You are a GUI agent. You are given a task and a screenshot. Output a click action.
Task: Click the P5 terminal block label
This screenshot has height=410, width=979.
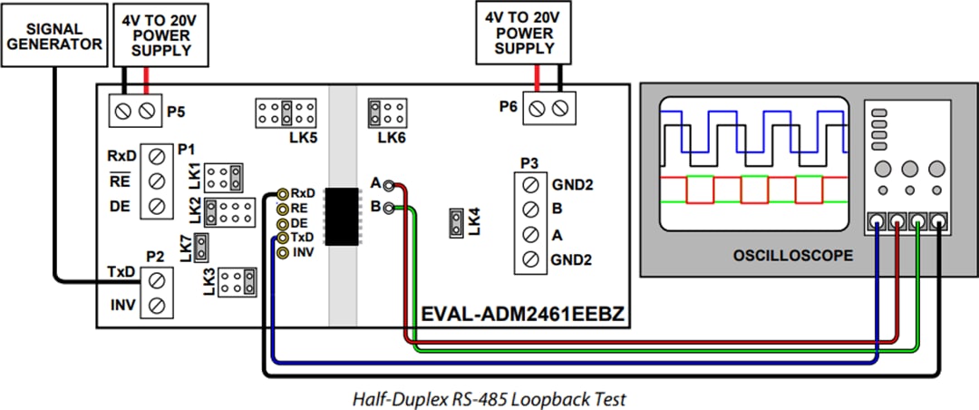[177, 112]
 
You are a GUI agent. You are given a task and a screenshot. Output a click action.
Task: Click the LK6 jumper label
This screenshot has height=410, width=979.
[392, 138]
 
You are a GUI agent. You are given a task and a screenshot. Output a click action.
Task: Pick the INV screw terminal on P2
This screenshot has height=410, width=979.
[156, 306]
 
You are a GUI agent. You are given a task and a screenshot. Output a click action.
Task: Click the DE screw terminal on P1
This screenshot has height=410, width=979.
[156, 206]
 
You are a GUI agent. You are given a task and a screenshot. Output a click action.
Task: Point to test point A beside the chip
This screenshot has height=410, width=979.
[389, 185]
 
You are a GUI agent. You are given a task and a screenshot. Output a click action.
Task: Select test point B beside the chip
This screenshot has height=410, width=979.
[389, 208]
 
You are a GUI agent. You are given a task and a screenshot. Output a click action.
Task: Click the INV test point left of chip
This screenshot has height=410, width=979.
[283, 252]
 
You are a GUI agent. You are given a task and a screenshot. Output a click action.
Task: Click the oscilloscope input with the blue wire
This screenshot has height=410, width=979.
[877, 220]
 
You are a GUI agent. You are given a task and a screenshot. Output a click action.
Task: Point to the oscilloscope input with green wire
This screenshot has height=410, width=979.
[918, 220]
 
